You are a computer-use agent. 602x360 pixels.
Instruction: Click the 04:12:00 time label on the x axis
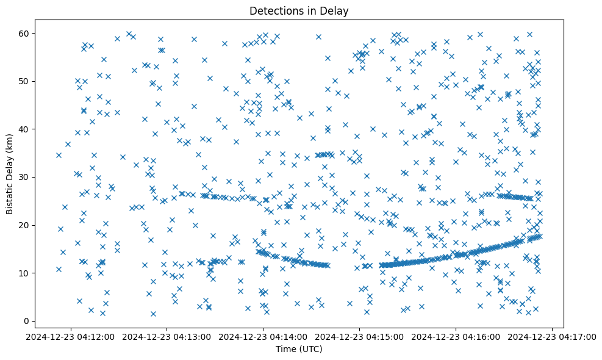[x=71, y=336]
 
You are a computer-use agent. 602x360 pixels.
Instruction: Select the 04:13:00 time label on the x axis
[x=167, y=336]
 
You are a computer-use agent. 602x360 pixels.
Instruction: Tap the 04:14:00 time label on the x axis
[x=263, y=336]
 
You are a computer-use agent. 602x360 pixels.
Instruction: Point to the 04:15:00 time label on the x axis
[x=360, y=336]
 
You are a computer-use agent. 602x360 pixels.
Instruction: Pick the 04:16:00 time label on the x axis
[x=456, y=336]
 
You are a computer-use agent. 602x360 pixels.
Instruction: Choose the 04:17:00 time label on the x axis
[x=553, y=336]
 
